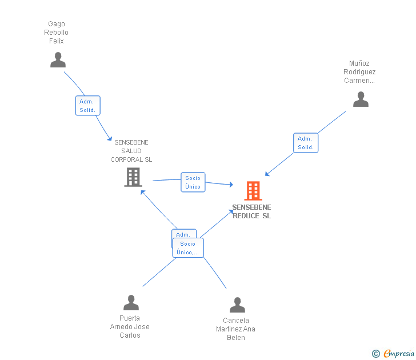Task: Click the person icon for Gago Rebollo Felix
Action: click(x=58, y=60)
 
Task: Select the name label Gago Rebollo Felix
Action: click(x=56, y=33)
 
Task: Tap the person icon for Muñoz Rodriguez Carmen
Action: click(x=361, y=99)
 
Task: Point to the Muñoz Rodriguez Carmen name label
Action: click(x=359, y=72)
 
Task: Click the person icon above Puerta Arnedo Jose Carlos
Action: click(x=131, y=303)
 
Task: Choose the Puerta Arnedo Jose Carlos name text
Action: click(x=130, y=327)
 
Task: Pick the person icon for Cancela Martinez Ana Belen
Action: click(x=237, y=305)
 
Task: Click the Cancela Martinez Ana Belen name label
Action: click(x=235, y=329)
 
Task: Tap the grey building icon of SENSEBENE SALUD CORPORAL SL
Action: click(x=133, y=177)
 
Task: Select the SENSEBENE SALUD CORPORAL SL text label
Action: click(x=131, y=151)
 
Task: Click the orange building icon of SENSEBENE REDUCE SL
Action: click(x=253, y=190)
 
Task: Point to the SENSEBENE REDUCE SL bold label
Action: click(x=251, y=211)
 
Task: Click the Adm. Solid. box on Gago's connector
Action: click(x=87, y=106)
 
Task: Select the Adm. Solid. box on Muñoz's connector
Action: click(x=306, y=143)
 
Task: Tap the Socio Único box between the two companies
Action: click(x=193, y=182)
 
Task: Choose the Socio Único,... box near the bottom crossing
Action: click(x=189, y=248)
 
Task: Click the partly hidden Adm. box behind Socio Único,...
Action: click(x=183, y=234)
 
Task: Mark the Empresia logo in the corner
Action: click(x=399, y=354)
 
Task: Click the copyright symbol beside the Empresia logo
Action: click(x=376, y=354)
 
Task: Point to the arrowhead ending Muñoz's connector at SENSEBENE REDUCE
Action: click(x=267, y=174)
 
